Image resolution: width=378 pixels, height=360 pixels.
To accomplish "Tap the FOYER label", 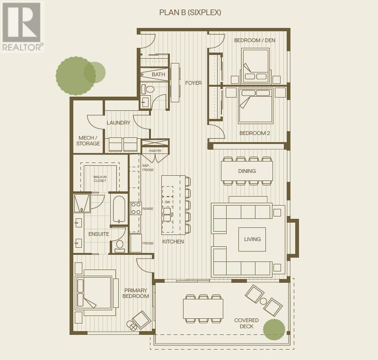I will pyautogui.click(x=193, y=83).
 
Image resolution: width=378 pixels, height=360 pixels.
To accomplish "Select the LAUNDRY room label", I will pyautogui.click(x=118, y=123).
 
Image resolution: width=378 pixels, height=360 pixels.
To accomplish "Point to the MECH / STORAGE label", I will pyautogui.click(x=89, y=141).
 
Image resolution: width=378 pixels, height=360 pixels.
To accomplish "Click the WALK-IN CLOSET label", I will pyautogui.click(x=99, y=178).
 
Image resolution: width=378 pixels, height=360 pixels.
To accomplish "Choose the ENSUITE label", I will pyautogui.click(x=99, y=234).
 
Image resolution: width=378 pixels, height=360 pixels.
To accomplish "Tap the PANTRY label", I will pyautogui.click(x=155, y=151).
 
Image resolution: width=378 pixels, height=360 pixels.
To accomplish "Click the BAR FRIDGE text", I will pyautogui.click(x=148, y=168).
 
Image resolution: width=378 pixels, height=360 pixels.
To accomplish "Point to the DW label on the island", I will pyautogui.click(x=167, y=202).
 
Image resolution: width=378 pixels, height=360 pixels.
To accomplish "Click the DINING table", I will pyautogui.click(x=247, y=171).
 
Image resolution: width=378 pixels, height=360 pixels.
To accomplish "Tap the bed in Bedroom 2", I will pyautogui.click(x=255, y=105).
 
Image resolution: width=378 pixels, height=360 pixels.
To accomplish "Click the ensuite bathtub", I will pyautogui.click(x=119, y=208).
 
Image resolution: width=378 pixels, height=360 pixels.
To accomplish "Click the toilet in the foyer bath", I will pyautogui.click(x=149, y=89).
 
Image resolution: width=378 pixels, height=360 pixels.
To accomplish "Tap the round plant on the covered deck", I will pyautogui.click(x=274, y=330).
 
